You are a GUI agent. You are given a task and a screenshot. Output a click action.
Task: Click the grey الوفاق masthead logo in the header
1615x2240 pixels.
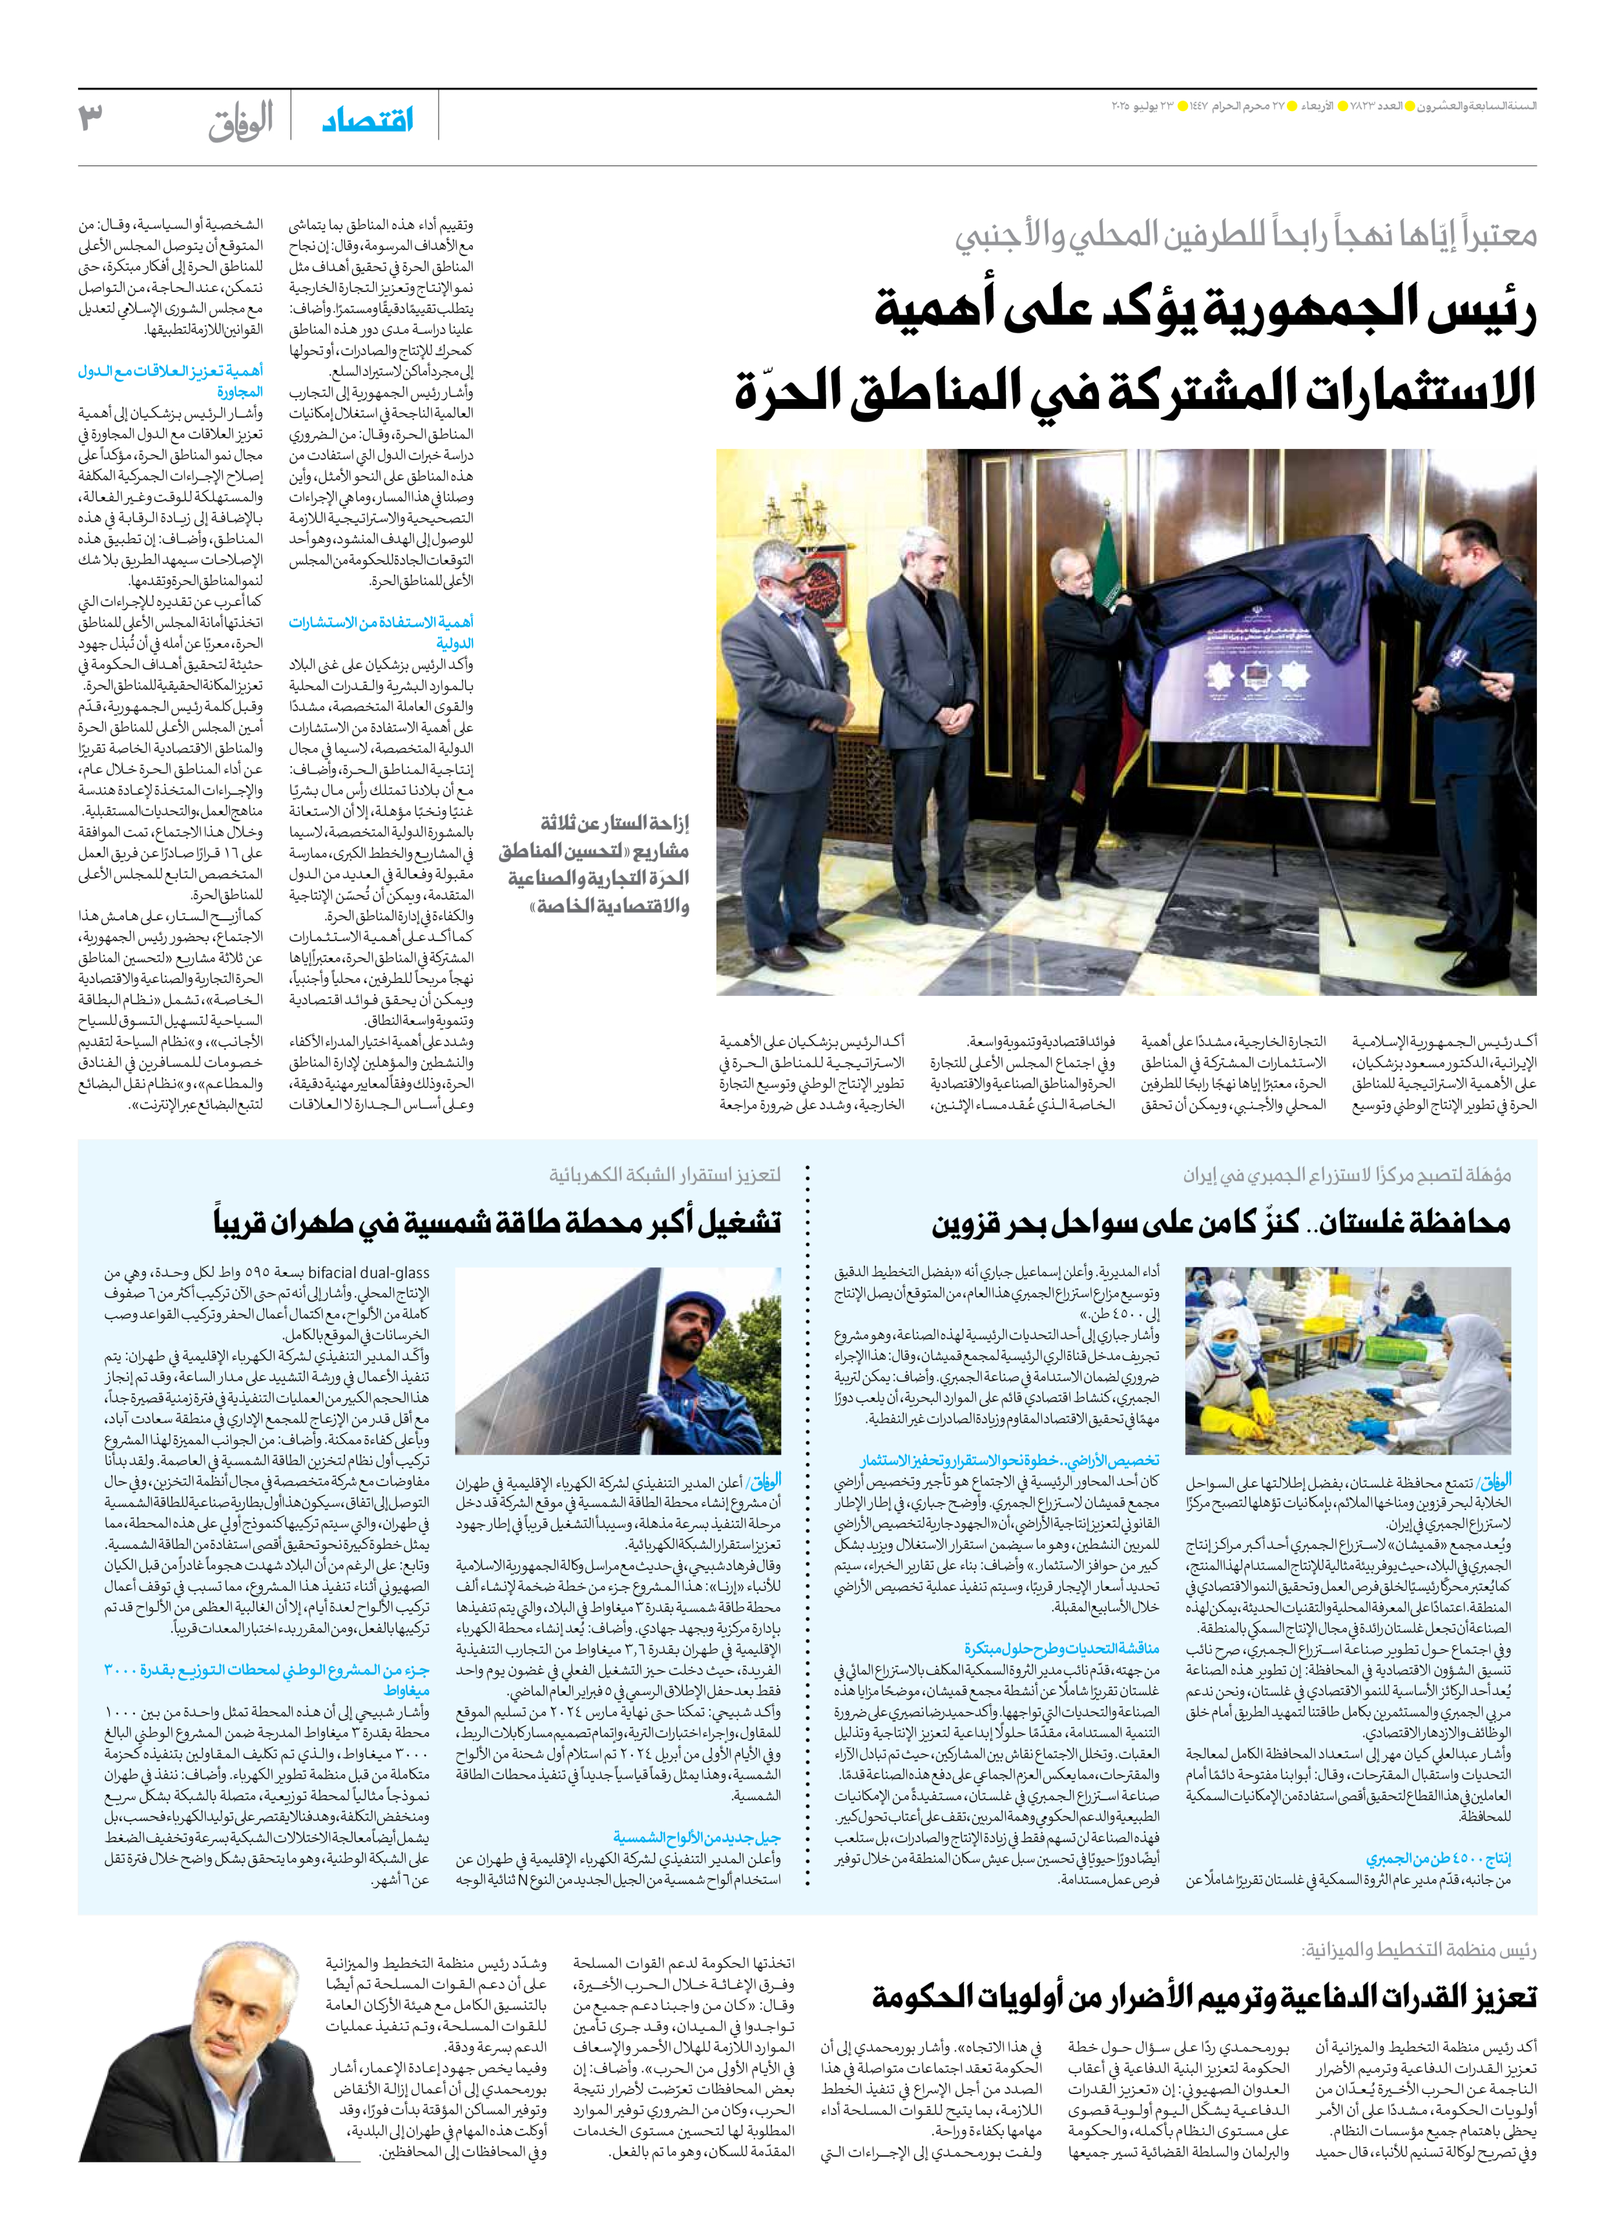(240, 123)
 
